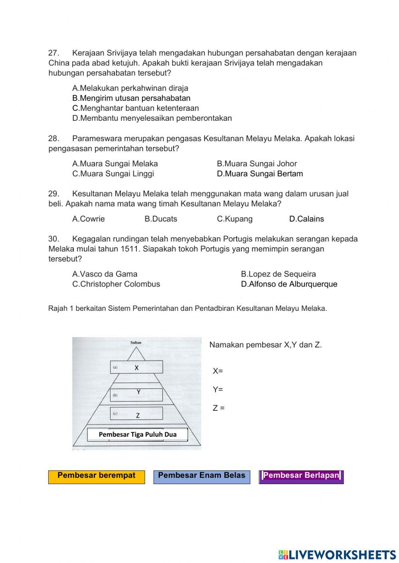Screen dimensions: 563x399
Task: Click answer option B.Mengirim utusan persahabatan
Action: tap(131, 98)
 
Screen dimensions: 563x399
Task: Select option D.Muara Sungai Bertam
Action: tap(260, 174)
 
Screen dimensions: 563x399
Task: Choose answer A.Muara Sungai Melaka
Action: tap(115, 164)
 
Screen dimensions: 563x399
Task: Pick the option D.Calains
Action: tap(306, 219)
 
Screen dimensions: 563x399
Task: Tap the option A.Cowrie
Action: tap(89, 219)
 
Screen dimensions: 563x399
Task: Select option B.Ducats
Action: tap(161, 219)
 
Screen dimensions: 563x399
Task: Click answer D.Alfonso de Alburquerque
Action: tap(289, 284)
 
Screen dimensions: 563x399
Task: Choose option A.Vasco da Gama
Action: tap(105, 274)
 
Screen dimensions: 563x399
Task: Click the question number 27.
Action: tap(54, 53)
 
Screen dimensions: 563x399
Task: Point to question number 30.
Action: tap(54, 239)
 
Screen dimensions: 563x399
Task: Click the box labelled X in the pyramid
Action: tap(136, 367)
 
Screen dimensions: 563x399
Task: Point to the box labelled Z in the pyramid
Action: tap(136, 414)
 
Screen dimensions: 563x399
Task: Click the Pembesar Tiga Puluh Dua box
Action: tap(138, 434)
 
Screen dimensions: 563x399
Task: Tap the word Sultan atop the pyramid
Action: tap(136, 343)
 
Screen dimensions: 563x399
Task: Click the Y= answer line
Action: tap(218, 390)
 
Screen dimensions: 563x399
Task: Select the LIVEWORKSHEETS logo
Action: tap(337, 555)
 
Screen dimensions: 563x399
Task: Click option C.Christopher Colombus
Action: tap(116, 284)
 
